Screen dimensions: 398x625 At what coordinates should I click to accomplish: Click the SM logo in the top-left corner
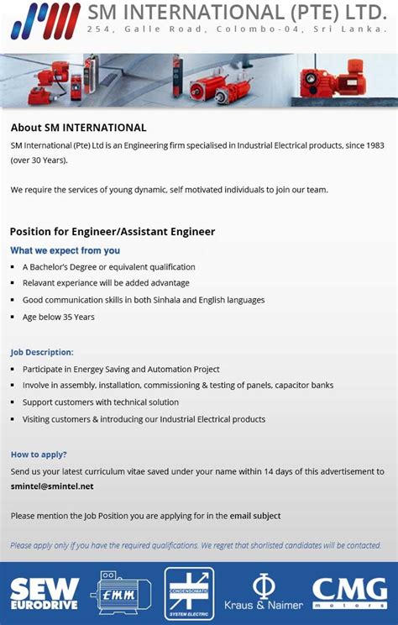point(46,21)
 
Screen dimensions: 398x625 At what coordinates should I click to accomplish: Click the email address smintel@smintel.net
point(52,486)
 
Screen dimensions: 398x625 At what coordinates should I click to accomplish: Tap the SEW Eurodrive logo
point(45,593)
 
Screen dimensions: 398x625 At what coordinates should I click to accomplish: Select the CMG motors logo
point(349,593)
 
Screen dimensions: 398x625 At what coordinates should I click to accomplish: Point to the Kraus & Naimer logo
point(263,593)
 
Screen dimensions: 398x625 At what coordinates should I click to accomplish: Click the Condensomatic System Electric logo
point(189,593)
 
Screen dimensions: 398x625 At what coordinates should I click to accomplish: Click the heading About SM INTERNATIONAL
point(78,128)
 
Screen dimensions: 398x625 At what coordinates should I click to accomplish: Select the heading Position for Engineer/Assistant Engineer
point(113,231)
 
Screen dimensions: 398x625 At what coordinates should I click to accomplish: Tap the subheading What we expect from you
point(65,250)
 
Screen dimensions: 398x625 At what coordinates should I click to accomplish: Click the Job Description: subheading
point(42,352)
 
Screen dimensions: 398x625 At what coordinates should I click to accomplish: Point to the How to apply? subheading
point(39,454)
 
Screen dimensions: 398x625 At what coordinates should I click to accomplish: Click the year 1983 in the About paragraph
point(374,145)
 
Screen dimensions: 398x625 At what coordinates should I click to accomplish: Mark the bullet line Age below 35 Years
point(59,317)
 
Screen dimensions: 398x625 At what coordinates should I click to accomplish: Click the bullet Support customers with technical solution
point(101,402)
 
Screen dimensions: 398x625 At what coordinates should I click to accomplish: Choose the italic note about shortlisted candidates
point(196,545)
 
